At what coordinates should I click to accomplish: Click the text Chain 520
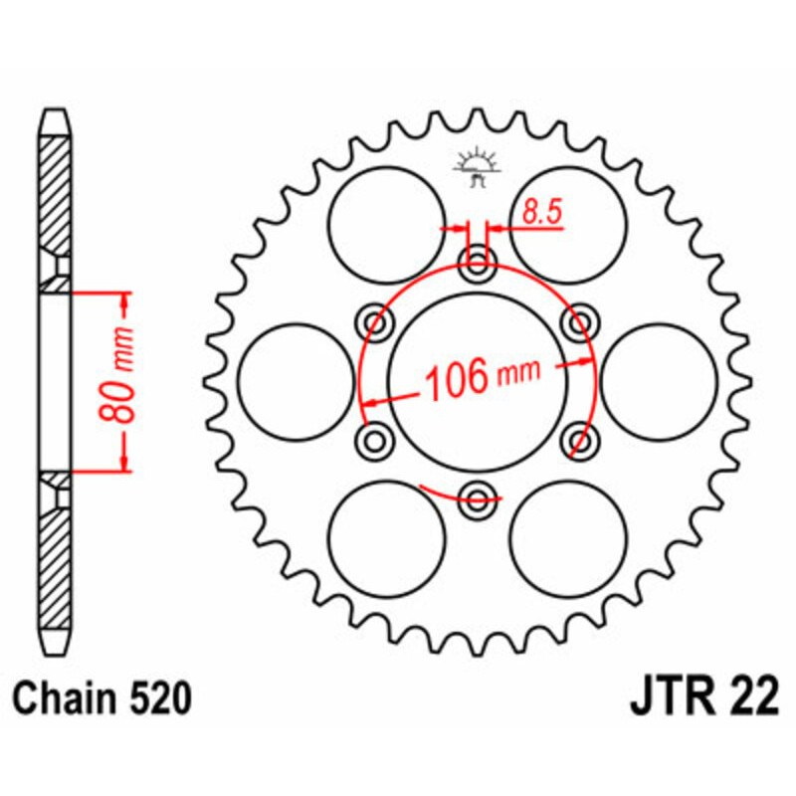pyautogui.click(x=103, y=700)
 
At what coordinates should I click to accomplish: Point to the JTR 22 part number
pyautogui.click(x=702, y=700)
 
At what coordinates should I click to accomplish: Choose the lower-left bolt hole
pyautogui.click(x=376, y=439)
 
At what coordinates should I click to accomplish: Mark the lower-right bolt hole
pyautogui.click(x=578, y=439)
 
